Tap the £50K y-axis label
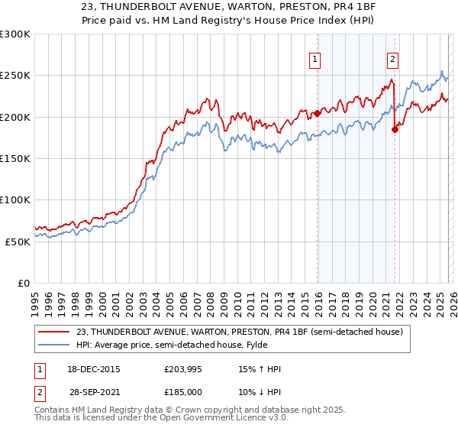pyautogui.click(x=18, y=241)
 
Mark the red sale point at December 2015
pyautogui.click(x=317, y=113)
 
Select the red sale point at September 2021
pyautogui.click(x=395, y=129)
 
